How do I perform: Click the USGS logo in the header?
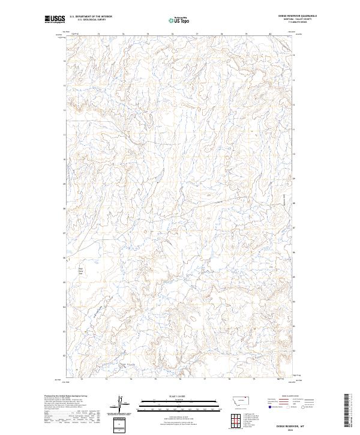55,20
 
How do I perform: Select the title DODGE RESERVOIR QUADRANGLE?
295,16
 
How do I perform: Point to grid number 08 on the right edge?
293,208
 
